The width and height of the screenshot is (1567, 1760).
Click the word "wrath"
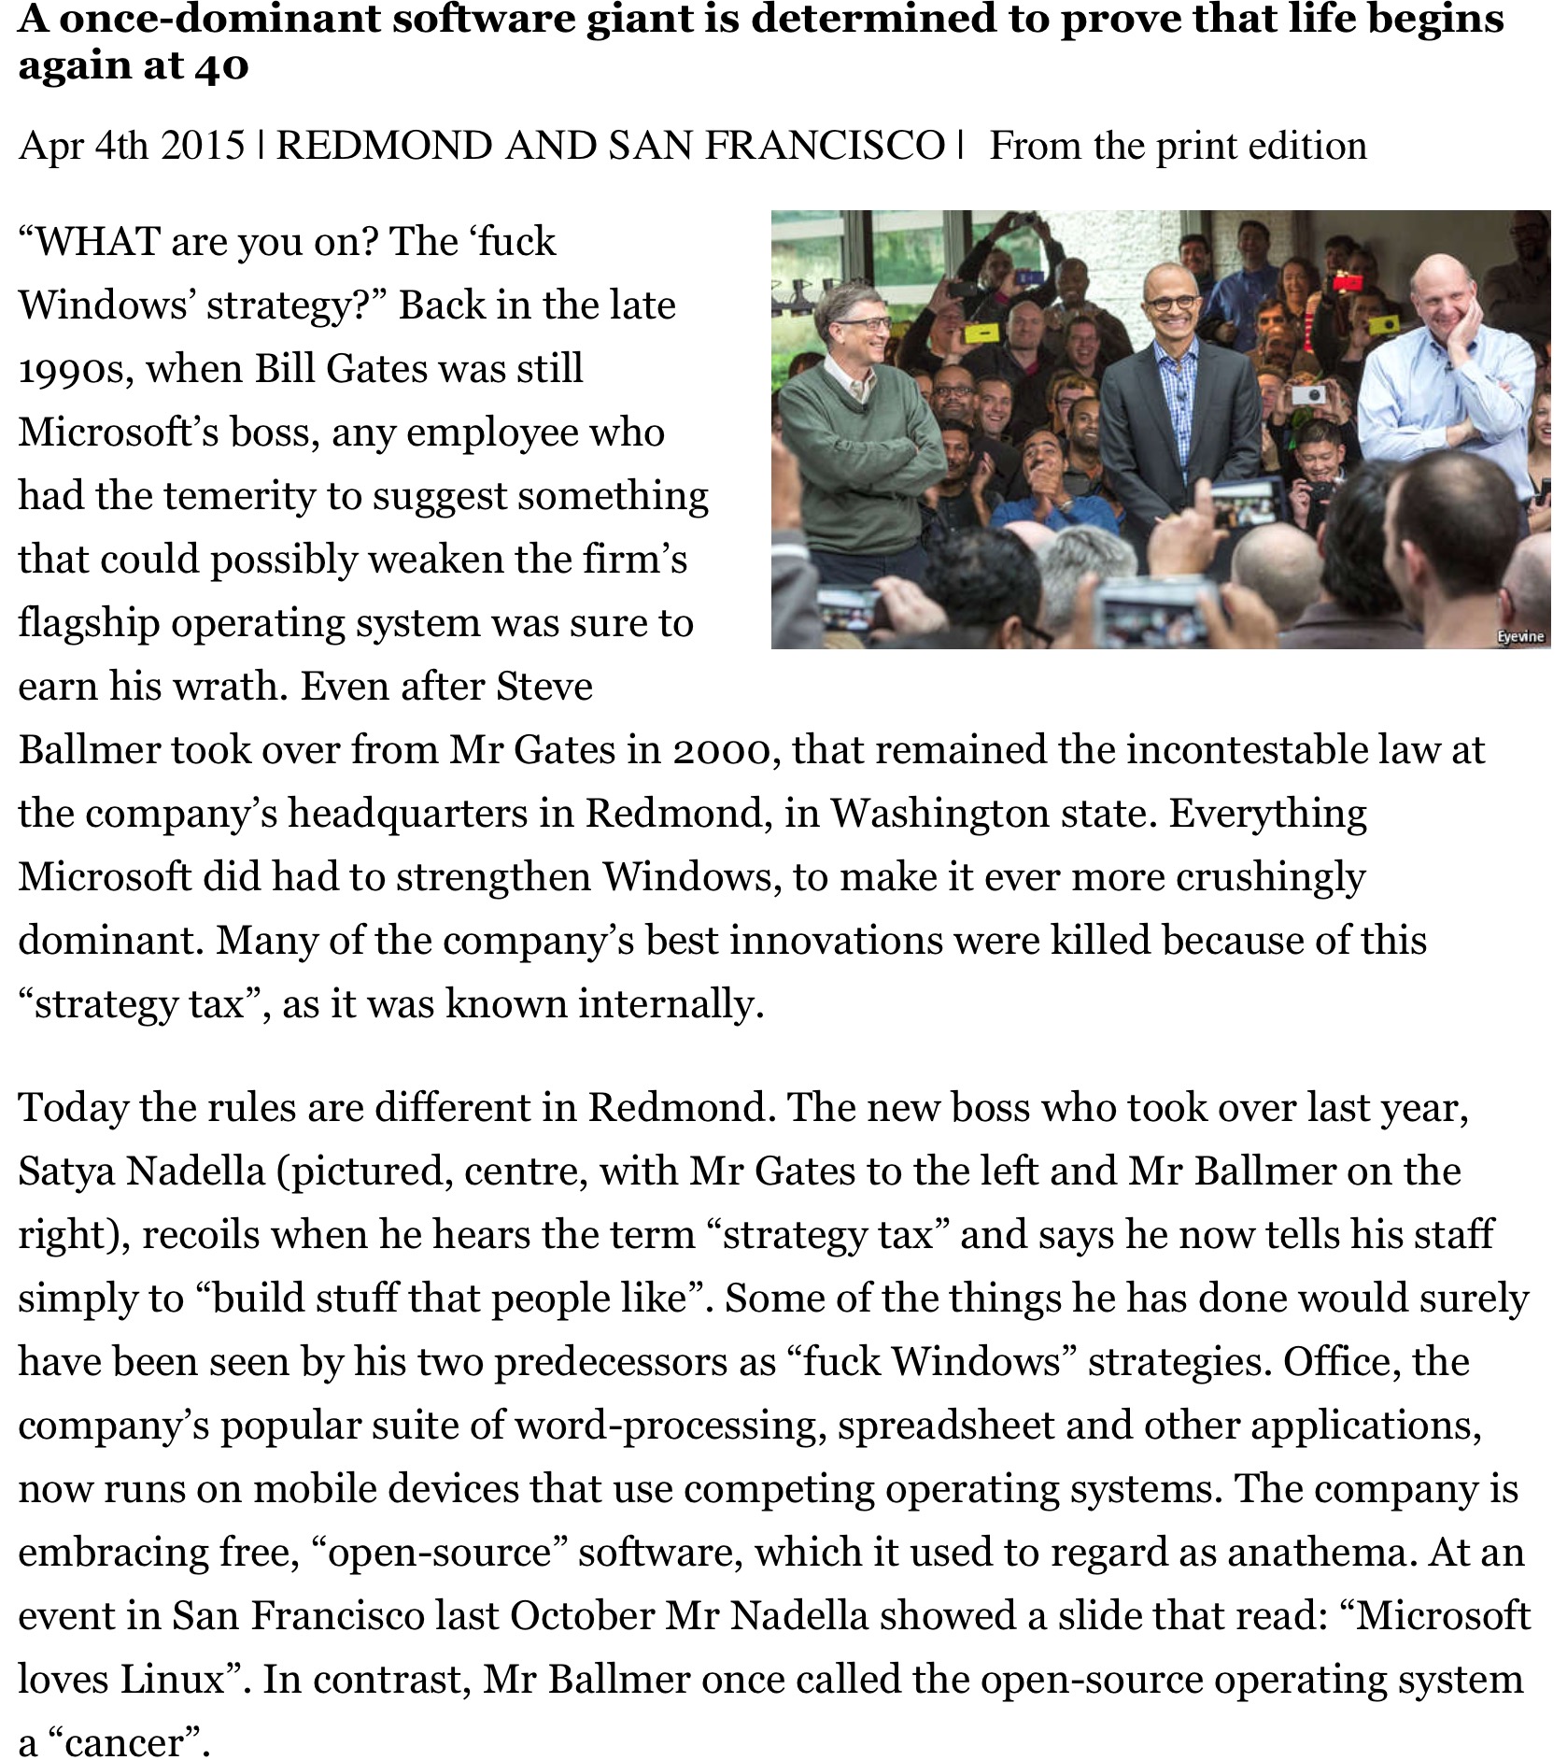pyautogui.click(x=234, y=687)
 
